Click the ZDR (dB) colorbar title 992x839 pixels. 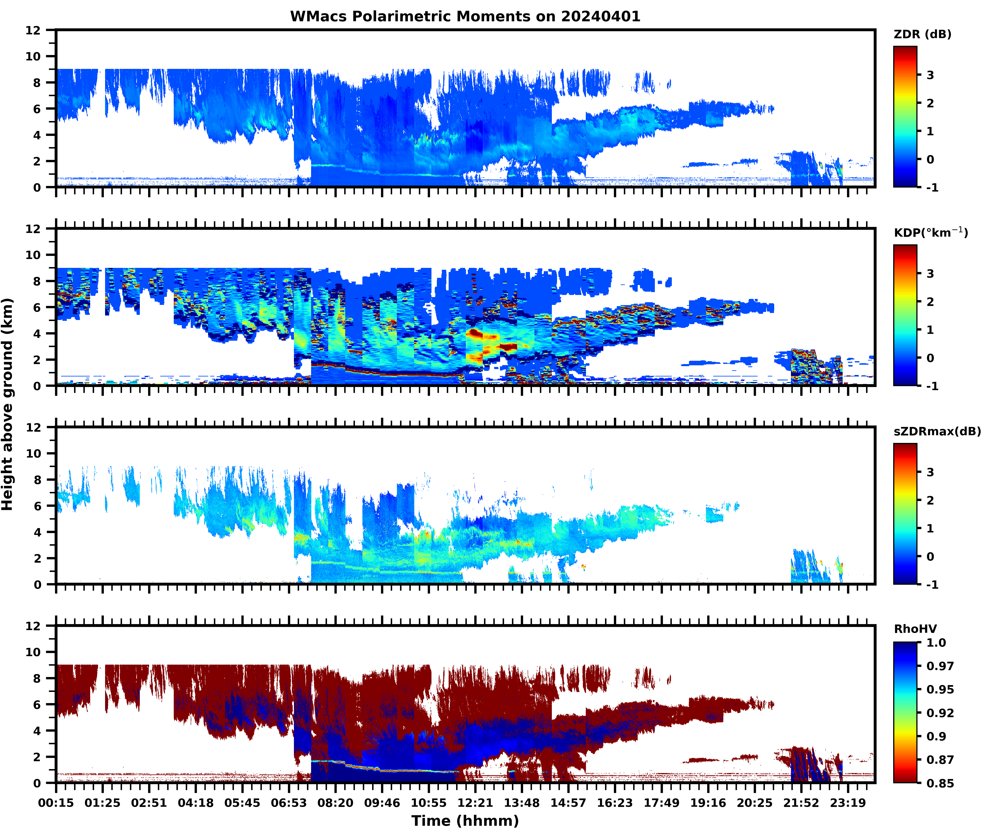pyautogui.click(x=922, y=34)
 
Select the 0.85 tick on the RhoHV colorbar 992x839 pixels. pyautogui.click(x=940, y=783)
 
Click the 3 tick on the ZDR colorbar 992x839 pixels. pyautogui.click(x=930, y=75)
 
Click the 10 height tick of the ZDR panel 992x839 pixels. pyautogui.click(x=33, y=56)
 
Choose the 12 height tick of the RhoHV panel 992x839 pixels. pyautogui.click(x=33, y=626)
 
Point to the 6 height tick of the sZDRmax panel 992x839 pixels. pyautogui.click(x=37, y=506)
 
